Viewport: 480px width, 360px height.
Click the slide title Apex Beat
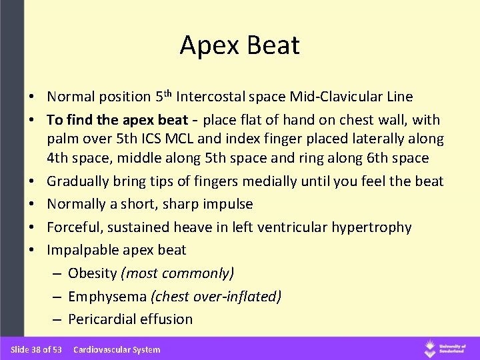[239, 45]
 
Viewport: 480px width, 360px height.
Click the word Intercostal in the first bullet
[215, 97]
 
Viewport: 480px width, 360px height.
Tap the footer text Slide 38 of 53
[36, 349]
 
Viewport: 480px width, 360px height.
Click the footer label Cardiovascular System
[117, 349]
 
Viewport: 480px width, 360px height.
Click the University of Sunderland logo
[447, 348]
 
